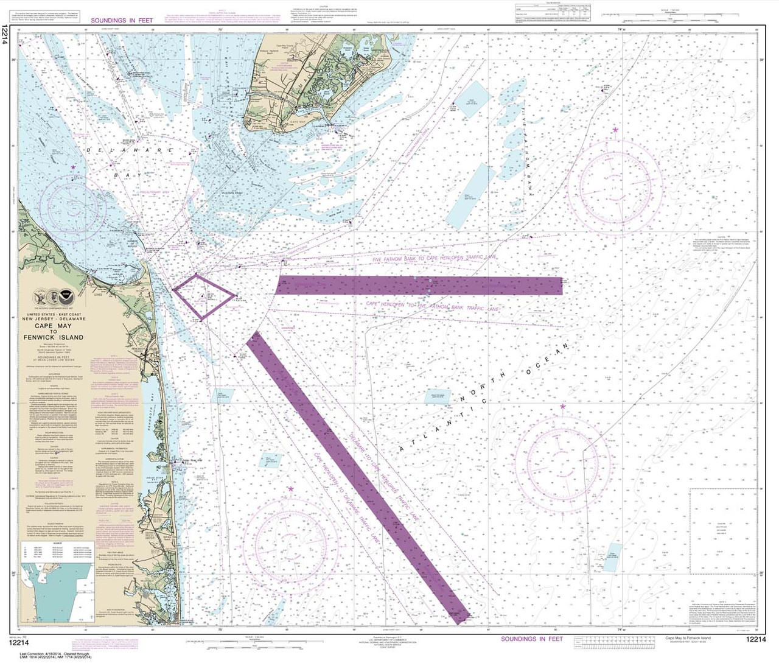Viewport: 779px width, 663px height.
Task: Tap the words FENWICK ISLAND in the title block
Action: [59, 337]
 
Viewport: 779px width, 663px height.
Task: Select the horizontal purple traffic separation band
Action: [420, 285]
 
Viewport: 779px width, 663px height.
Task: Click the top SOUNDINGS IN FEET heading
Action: [122, 20]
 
